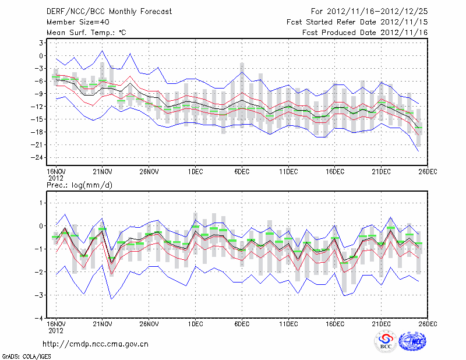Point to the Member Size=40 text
73,22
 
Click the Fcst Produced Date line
365,33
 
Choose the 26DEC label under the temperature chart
428,171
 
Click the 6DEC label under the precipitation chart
242,323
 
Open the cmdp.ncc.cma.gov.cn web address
96,344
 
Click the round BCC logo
386,343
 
